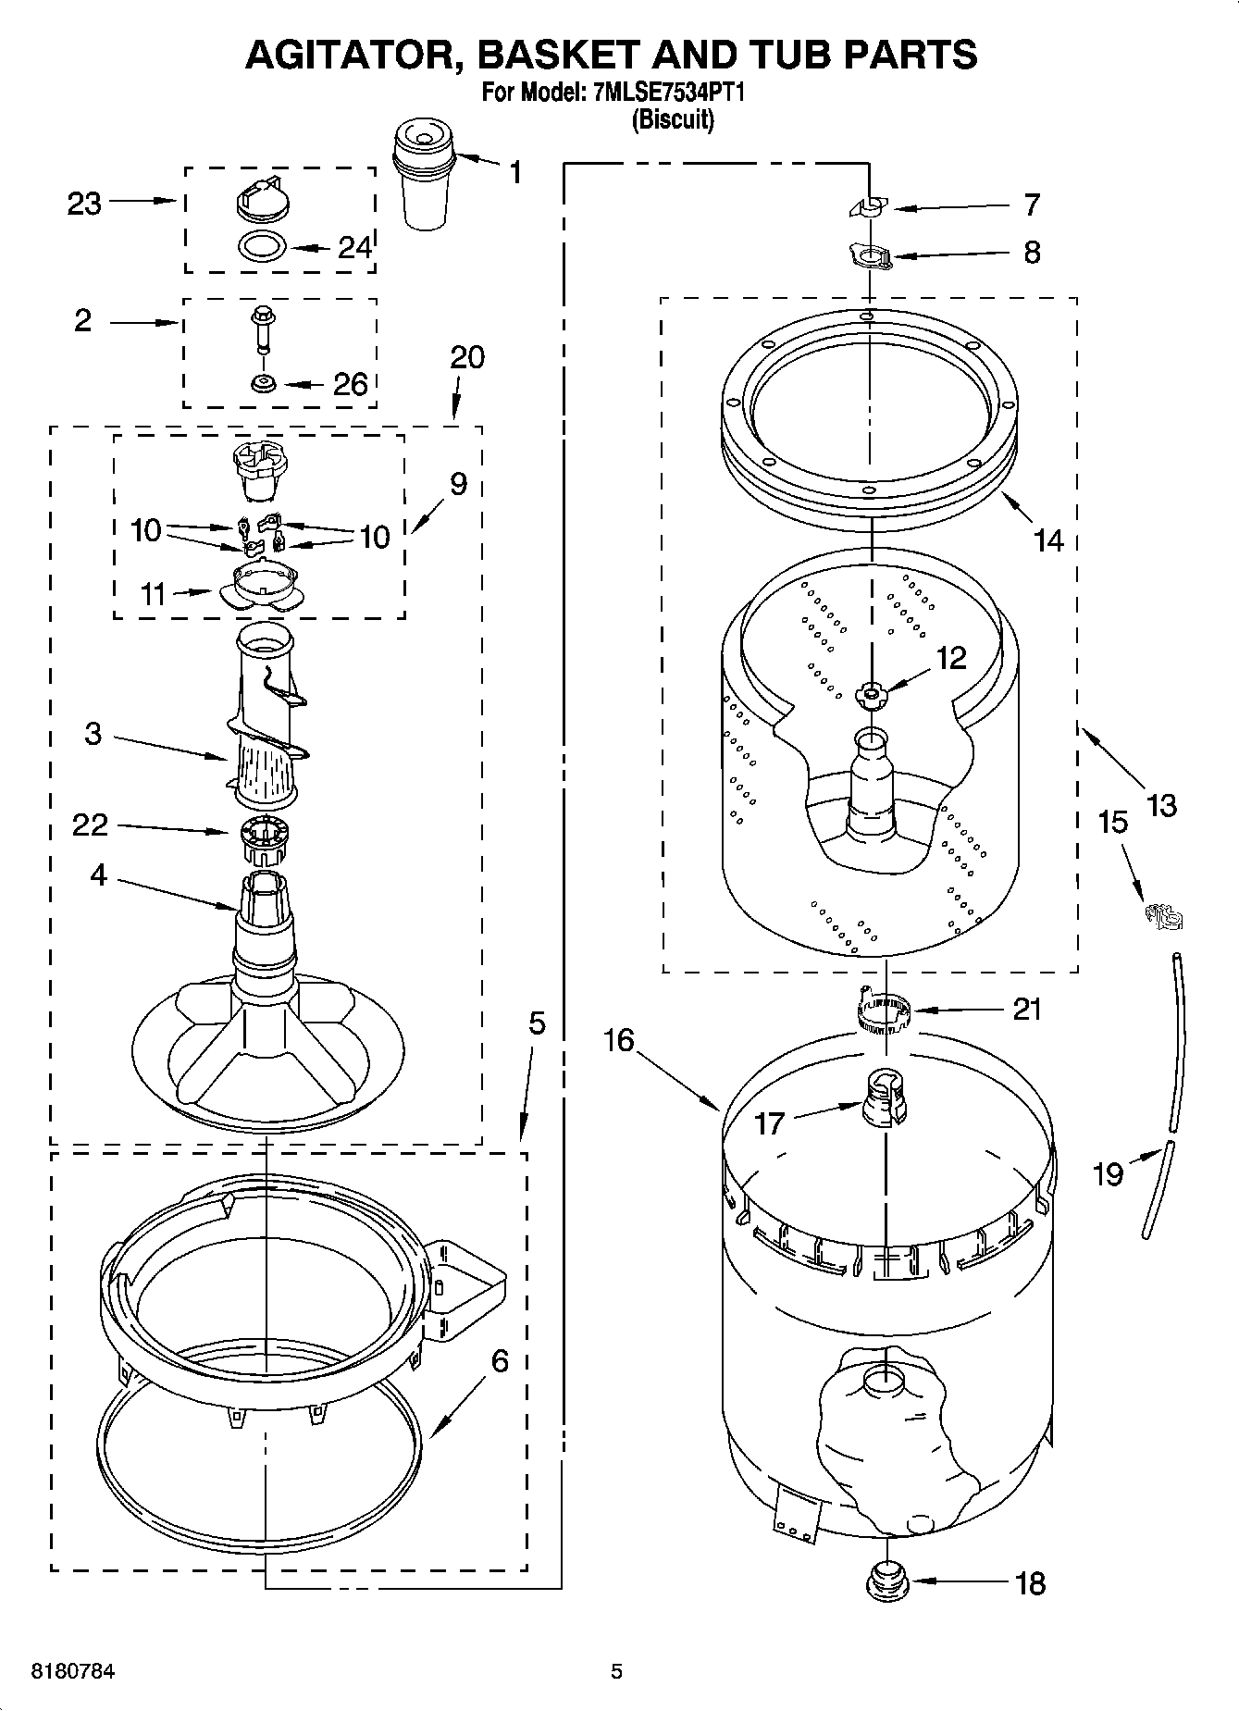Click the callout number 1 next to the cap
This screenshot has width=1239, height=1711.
click(x=514, y=172)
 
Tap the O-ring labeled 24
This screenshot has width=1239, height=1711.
click(x=263, y=247)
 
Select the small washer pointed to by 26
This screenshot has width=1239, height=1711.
click(x=265, y=381)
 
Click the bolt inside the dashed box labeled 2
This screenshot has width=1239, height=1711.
click(x=262, y=329)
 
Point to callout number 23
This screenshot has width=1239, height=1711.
click(x=84, y=204)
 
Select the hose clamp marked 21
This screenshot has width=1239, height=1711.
click(x=881, y=1012)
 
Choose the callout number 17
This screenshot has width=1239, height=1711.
click(x=770, y=1123)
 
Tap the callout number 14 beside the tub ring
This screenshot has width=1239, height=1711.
click(x=1048, y=539)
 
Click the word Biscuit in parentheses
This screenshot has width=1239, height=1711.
click(x=673, y=120)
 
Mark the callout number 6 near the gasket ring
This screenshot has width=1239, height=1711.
click(x=500, y=1360)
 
